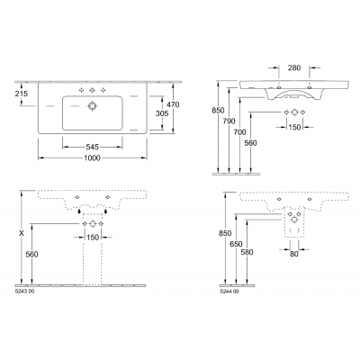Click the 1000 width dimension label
point(92,158)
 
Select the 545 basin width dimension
point(92,147)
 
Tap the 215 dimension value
point(22,94)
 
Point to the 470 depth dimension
point(173,104)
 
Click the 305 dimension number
point(162,113)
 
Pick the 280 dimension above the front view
point(294,68)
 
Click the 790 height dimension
point(229,121)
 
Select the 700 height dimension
point(239,132)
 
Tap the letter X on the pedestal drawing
point(22,233)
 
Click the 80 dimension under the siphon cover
point(294,254)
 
